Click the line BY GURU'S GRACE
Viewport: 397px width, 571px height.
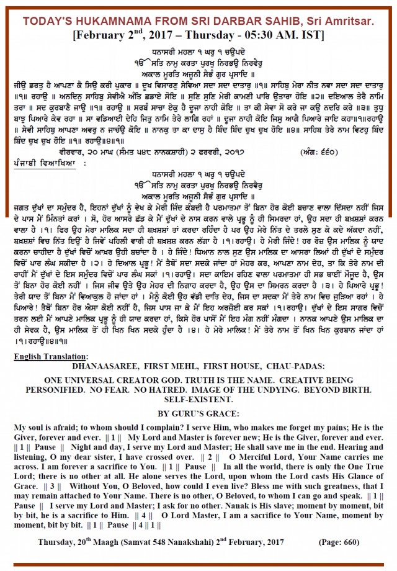[x=198, y=413]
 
